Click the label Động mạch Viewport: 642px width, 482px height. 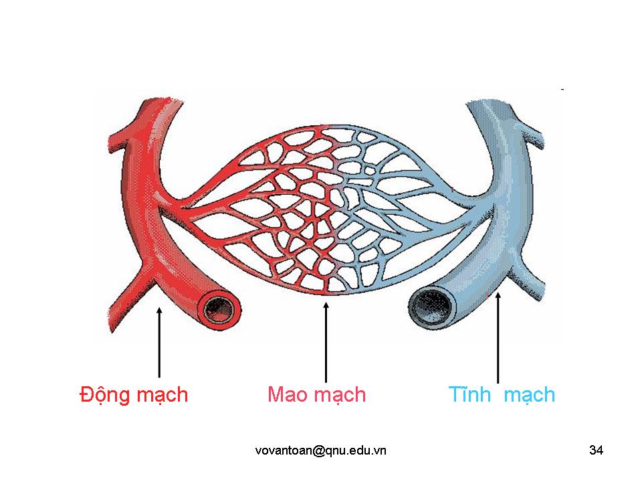(x=134, y=395)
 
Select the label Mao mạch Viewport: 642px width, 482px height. (x=316, y=395)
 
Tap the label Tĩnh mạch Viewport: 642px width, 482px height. (x=502, y=395)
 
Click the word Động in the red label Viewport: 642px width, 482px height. (x=104, y=395)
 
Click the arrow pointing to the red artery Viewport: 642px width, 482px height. (x=158, y=341)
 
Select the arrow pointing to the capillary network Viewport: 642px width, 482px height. (x=326, y=341)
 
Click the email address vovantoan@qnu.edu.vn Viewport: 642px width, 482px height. (x=320, y=451)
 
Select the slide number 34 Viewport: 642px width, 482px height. (x=597, y=451)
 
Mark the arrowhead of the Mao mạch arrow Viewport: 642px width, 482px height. (x=326, y=307)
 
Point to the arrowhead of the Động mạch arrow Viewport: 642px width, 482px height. (x=158, y=309)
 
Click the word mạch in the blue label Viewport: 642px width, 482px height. (x=529, y=395)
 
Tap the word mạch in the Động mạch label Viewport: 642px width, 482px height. (x=162, y=395)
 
